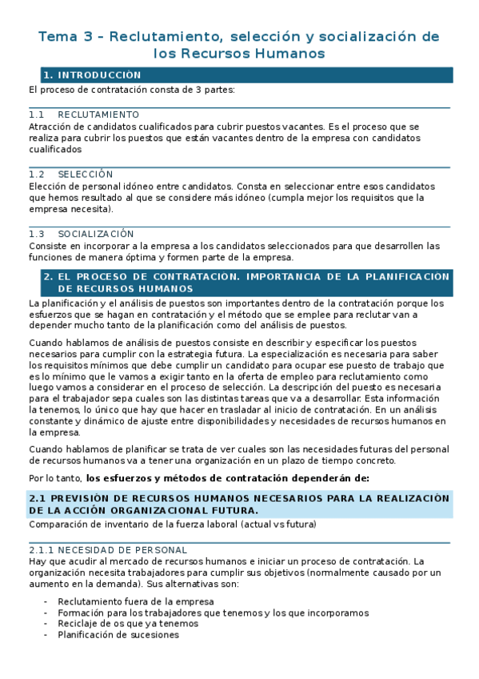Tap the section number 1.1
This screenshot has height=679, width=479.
[x=35, y=115]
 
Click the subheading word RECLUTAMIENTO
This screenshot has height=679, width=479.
[x=98, y=115]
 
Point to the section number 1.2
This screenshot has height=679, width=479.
[x=35, y=175]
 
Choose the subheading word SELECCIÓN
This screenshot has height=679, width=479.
[x=86, y=175]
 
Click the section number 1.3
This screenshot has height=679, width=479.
[x=35, y=234]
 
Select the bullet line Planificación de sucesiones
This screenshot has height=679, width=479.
[x=118, y=635]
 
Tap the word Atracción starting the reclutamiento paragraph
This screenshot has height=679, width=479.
[x=50, y=127]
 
